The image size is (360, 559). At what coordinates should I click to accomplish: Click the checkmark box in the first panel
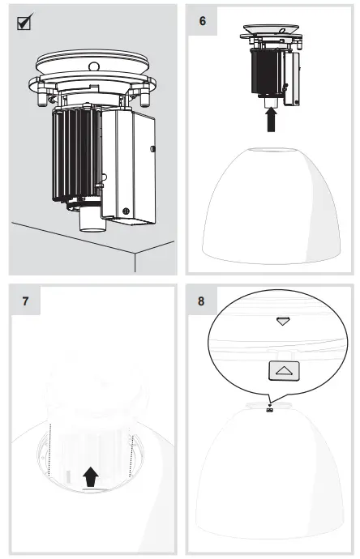click(25, 23)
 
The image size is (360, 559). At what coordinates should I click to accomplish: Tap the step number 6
click(202, 20)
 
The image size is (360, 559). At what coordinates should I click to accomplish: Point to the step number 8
click(202, 301)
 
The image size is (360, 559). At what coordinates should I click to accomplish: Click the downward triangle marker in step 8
click(282, 322)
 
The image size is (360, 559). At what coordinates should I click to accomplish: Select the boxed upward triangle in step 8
click(282, 369)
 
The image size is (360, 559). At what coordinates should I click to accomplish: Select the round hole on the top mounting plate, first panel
click(93, 66)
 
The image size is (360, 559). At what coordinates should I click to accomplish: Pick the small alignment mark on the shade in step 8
click(268, 407)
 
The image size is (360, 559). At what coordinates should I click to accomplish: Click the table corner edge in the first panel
click(135, 253)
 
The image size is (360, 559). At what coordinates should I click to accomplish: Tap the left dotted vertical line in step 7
click(50, 450)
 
